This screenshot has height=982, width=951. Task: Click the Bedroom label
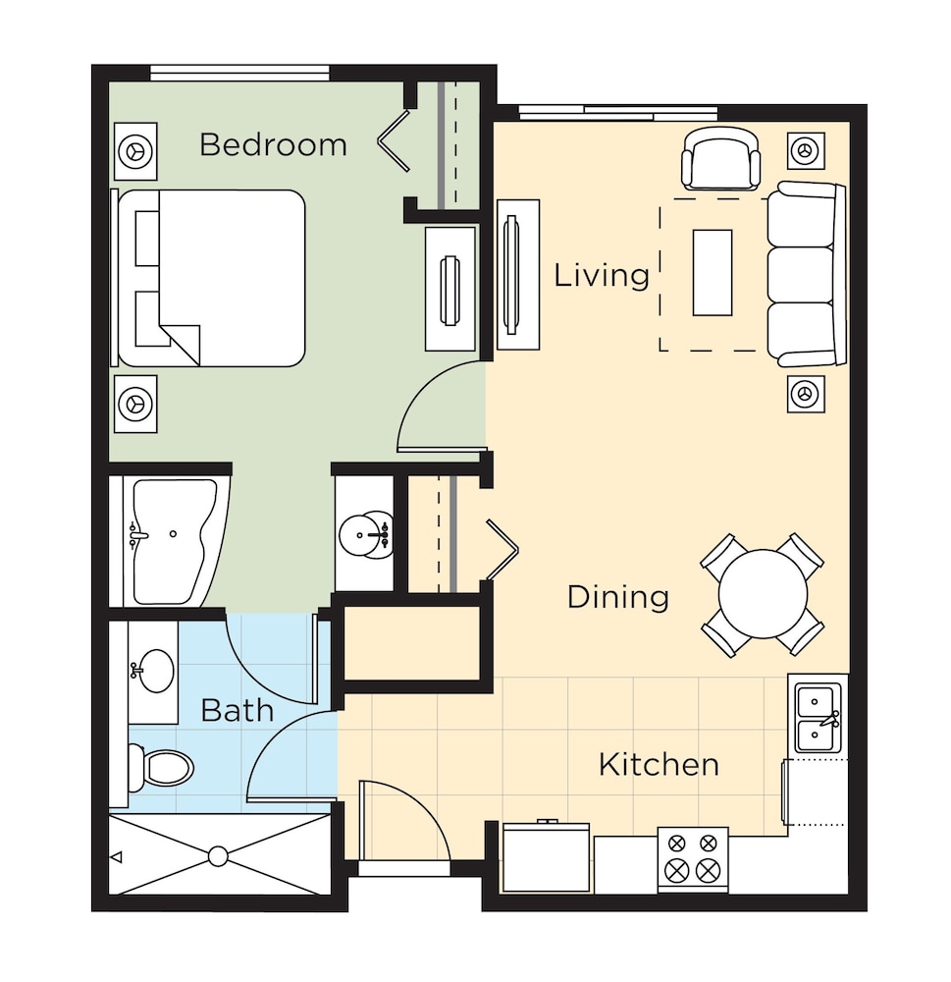273,144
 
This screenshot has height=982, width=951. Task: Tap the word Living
602,276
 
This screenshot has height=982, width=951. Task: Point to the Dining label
618,597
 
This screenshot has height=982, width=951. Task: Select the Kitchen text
659,765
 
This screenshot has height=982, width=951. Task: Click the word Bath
238,711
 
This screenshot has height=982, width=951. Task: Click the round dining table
763,594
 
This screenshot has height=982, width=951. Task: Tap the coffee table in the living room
713,272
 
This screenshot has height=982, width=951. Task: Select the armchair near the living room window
720,159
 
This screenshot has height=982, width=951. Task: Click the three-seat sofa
807,274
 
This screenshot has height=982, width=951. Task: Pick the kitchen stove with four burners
693,859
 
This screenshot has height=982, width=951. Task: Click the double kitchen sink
818,718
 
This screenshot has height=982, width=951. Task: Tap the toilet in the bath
161,767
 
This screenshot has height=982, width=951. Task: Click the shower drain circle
218,856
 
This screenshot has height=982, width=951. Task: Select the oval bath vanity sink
152,671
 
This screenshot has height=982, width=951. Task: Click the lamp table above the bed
135,151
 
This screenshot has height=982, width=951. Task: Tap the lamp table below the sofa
806,394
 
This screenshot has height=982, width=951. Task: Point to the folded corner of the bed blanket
181,345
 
